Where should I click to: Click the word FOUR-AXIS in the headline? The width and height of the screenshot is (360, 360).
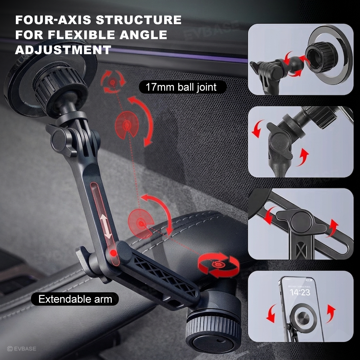coord(53,20)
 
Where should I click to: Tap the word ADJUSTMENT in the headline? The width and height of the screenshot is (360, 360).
coord(63,50)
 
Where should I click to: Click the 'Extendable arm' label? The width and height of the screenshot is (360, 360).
coord(75,299)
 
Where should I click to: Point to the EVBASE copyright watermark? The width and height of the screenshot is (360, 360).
coord(22,348)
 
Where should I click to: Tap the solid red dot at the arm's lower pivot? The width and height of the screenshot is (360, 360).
coord(113,253)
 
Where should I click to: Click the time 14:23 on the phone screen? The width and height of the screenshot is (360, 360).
coord(300,292)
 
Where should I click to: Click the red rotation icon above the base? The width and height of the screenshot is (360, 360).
coord(219,265)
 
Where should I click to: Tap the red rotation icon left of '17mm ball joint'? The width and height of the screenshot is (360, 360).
coord(112,82)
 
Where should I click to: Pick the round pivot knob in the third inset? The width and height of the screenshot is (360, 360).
coord(301,222)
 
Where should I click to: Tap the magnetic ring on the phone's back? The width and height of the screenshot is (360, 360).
coord(303,319)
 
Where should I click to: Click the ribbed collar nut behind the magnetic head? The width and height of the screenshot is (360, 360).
coord(60,87)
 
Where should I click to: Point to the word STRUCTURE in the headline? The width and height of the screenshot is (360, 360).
coord(139,20)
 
